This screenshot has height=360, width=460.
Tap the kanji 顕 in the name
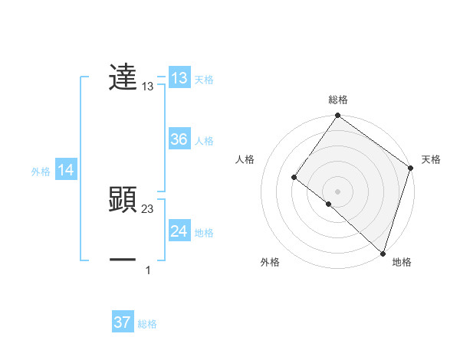[123, 199]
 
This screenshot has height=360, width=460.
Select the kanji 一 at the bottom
[123, 260]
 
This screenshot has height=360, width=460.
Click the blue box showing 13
[179, 78]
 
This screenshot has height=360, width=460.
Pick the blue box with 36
[179, 139]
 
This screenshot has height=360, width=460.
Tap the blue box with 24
[179, 231]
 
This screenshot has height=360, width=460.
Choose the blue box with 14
[66, 171]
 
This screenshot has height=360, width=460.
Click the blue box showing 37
[123, 322]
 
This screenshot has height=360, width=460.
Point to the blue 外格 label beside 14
[41, 172]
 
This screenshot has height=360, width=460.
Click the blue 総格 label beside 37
[147, 324]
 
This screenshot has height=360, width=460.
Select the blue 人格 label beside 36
[204, 141]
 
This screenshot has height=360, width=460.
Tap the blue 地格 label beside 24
[204, 233]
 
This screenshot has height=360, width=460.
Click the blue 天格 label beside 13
[204, 80]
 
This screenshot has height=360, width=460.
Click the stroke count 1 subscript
[148, 270]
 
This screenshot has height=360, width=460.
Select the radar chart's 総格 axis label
[338, 100]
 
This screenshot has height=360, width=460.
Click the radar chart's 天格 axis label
[431, 159]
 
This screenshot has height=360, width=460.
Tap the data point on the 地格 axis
[383, 253]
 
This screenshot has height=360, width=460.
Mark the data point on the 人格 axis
[294, 178]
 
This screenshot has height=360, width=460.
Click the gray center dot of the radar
[338, 191]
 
